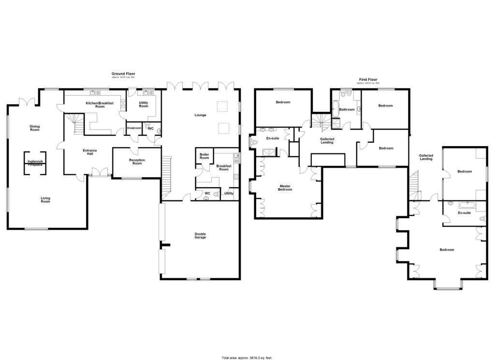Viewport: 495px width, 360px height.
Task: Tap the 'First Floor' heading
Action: tap(368, 79)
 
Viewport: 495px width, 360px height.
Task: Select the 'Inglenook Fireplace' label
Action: tap(35, 163)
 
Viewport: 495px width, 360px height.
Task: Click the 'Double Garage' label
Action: tap(200, 236)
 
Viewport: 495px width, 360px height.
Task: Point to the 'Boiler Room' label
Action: tap(204, 156)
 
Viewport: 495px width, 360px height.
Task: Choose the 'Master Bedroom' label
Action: tap(285, 188)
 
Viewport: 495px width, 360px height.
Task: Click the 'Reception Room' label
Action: tap(137, 162)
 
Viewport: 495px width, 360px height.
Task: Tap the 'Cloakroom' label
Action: tap(134, 128)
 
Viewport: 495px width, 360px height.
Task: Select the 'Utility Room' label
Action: tap(144, 104)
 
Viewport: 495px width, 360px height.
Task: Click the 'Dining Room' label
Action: tap(34, 128)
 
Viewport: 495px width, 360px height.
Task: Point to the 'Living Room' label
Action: tap(45, 199)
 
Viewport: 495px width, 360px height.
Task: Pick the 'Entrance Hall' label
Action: tap(90, 152)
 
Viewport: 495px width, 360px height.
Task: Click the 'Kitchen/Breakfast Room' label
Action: tap(100, 105)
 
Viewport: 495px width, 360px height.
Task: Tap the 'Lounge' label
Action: tap(200, 115)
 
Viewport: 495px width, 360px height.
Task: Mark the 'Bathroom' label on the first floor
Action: tap(347, 109)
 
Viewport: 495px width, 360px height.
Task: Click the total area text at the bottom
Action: tap(247, 358)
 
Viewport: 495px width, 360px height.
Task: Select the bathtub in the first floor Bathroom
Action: tap(335, 111)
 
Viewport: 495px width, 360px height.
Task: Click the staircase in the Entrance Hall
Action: tap(76, 123)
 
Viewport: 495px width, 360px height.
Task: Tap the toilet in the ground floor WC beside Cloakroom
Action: tap(159, 129)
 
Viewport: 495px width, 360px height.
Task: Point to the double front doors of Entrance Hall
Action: tap(101, 173)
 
